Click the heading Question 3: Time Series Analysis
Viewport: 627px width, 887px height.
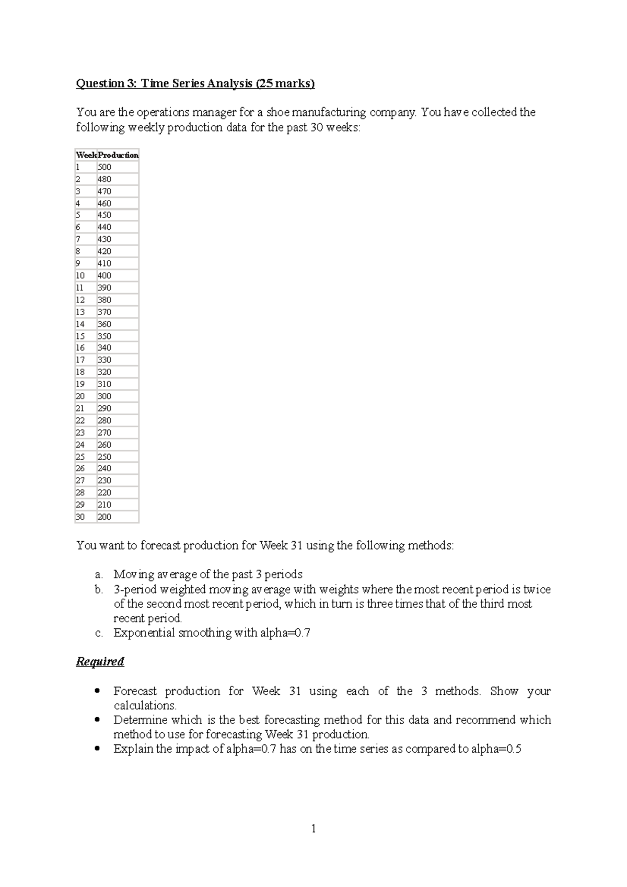(x=195, y=84)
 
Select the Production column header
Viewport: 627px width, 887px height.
(x=118, y=155)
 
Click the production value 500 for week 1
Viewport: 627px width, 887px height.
(x=104, y=167)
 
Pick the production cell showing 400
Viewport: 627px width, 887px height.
(x=104, y=276)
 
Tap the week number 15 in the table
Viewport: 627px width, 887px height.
(x=80, y=336)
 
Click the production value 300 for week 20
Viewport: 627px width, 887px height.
(x=104, y=396)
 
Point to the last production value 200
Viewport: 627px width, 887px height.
(x=104, y=517)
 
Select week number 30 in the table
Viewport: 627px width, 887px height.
(x=80, y=517)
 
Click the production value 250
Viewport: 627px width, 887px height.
(x=104, y=457)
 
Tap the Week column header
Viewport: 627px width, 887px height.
(x=86, y=155)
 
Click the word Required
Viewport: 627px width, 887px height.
(x=100, y=662)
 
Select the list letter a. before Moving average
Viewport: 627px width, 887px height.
(x=99, y=575)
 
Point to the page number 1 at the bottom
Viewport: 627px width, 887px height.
(x=313, y=828)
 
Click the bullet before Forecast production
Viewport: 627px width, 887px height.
(x=97, y=691)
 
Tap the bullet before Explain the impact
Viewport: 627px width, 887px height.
(x=97, y=749)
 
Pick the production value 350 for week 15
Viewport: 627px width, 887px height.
(x=104, y=336)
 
